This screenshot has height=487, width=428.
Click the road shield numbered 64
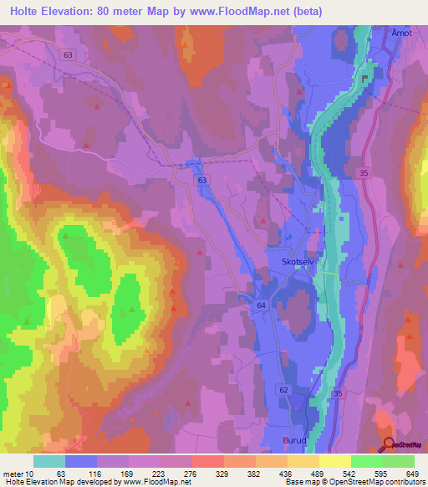[262, 306]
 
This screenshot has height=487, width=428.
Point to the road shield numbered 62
[284, 391]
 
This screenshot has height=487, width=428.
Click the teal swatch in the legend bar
[48, 461]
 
